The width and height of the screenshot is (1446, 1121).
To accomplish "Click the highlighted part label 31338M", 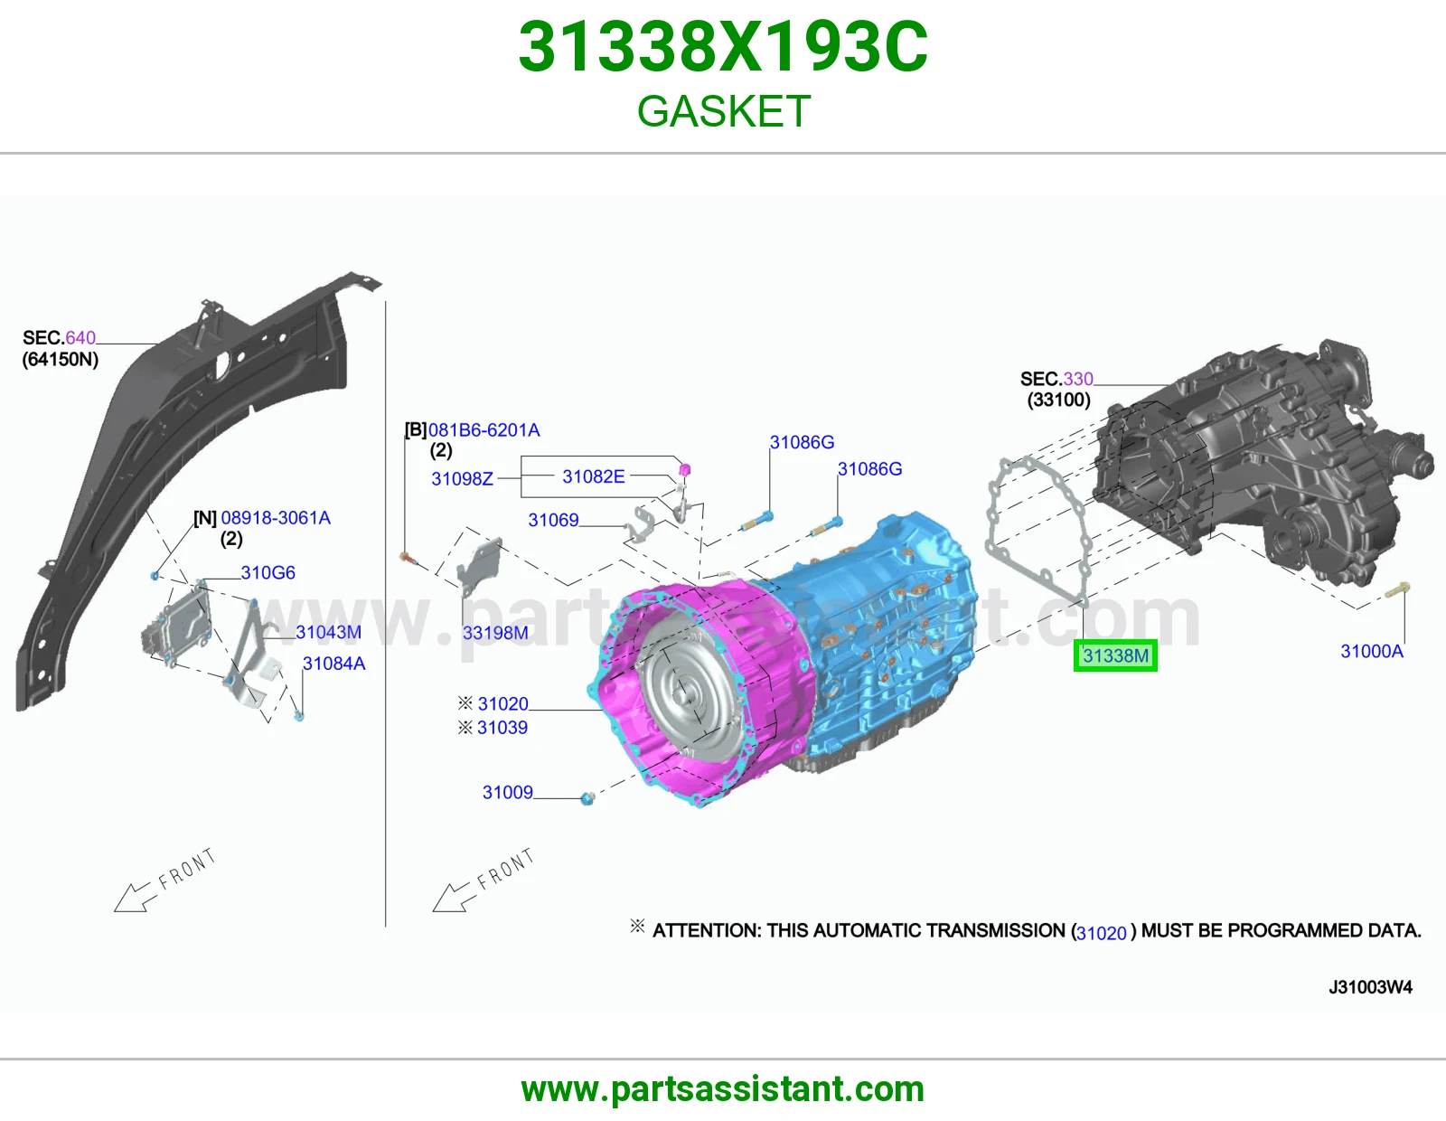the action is tap(1115, 655).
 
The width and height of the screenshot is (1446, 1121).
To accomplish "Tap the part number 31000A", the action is tap(1372, 651).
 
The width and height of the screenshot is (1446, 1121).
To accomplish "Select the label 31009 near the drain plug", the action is tap(508, 792).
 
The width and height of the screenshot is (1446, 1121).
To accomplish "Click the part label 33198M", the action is tap(495, 633).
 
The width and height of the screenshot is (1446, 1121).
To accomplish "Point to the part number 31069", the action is tap(553, 520).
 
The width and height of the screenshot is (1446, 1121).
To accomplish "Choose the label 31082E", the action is tap(594, 476).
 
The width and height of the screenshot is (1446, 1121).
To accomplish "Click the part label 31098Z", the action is tap(463, 478).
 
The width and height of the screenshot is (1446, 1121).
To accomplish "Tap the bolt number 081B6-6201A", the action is tap(484, 430).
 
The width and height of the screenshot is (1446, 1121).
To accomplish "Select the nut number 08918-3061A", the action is tap(276, 518).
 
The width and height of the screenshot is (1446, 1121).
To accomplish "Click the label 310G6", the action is tap(268, 572).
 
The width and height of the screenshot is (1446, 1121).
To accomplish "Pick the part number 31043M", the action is tap(329, 632).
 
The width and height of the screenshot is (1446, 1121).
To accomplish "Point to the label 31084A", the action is tap(334, 663).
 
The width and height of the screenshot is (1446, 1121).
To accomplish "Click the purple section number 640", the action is tap(80, 337).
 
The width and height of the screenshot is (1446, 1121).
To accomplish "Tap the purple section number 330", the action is tap(1078, 379).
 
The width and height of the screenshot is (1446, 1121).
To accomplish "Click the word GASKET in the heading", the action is tap(723, 110).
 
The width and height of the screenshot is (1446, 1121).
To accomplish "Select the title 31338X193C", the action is tap(723, 46).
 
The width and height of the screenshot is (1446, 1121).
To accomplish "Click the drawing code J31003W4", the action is tap(1370, 987).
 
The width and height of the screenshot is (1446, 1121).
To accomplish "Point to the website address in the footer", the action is tap(723, 1089).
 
